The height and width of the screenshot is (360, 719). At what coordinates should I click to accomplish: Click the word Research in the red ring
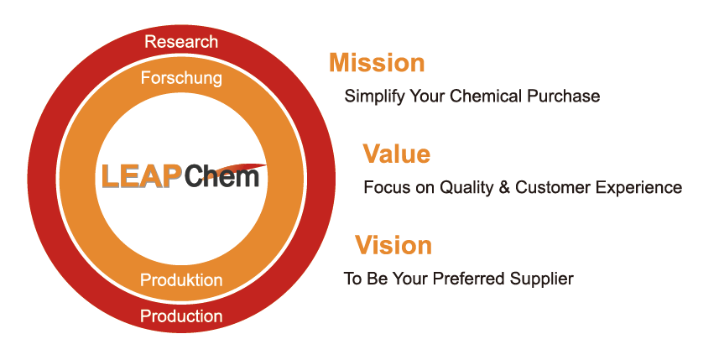tap(180, 41)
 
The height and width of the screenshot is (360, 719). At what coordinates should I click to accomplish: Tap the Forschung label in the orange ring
tap(181, 79)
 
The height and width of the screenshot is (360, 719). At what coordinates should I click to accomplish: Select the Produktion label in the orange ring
tap(181, 280)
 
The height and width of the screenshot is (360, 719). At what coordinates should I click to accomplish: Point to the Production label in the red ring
tap(181, 316)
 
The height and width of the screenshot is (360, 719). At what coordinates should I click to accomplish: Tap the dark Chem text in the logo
tap(221, 177)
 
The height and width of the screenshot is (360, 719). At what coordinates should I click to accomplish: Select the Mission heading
tap(377, 63)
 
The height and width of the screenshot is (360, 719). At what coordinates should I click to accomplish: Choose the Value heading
tap(396, 154)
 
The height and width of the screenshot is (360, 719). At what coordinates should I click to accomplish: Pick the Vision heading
tap(393, 246)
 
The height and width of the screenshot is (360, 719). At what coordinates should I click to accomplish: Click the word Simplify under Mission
tap(374, 97)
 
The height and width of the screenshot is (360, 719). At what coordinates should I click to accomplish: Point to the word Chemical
tap(487, 96)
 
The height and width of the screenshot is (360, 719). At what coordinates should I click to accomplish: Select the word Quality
tap(462, 188)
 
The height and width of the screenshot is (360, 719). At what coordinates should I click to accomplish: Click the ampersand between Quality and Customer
tap(504, 187)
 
